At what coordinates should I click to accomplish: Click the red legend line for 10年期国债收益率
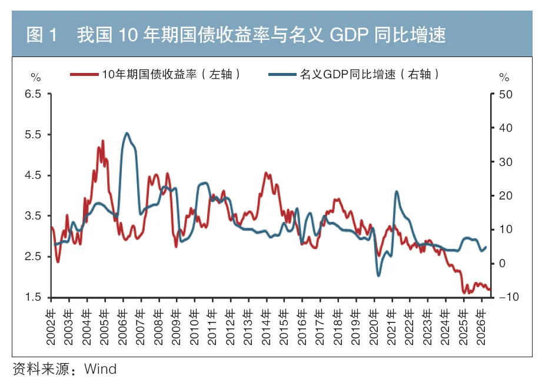pos(84,74)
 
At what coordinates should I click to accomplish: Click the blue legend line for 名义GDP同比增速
pos(282,74)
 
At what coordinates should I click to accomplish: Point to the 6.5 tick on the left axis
pos(33,94)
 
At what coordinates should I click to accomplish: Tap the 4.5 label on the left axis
pos(33,175)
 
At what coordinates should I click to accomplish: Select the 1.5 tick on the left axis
pos(33,297)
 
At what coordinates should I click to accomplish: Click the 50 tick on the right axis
pos(506,94)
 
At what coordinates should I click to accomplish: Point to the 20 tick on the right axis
pos(506,196)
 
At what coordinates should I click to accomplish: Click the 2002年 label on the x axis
pos(51,327)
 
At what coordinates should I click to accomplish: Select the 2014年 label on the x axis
pos(266,327)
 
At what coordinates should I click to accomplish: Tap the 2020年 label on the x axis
pos(374,327)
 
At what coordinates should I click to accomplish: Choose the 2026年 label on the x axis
pos(481,327)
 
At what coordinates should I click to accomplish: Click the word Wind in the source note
pos(100,369)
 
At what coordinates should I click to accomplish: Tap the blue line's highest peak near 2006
pos(127,133)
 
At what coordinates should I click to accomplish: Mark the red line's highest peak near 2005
pos(102,141)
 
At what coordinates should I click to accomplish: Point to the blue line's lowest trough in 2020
pos(378,275)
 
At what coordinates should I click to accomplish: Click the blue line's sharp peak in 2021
pos(397,191)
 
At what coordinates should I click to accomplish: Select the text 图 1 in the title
pos(41,35)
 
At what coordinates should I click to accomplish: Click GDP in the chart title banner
pos(349,35)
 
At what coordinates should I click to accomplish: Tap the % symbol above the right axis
pos(504,77)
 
